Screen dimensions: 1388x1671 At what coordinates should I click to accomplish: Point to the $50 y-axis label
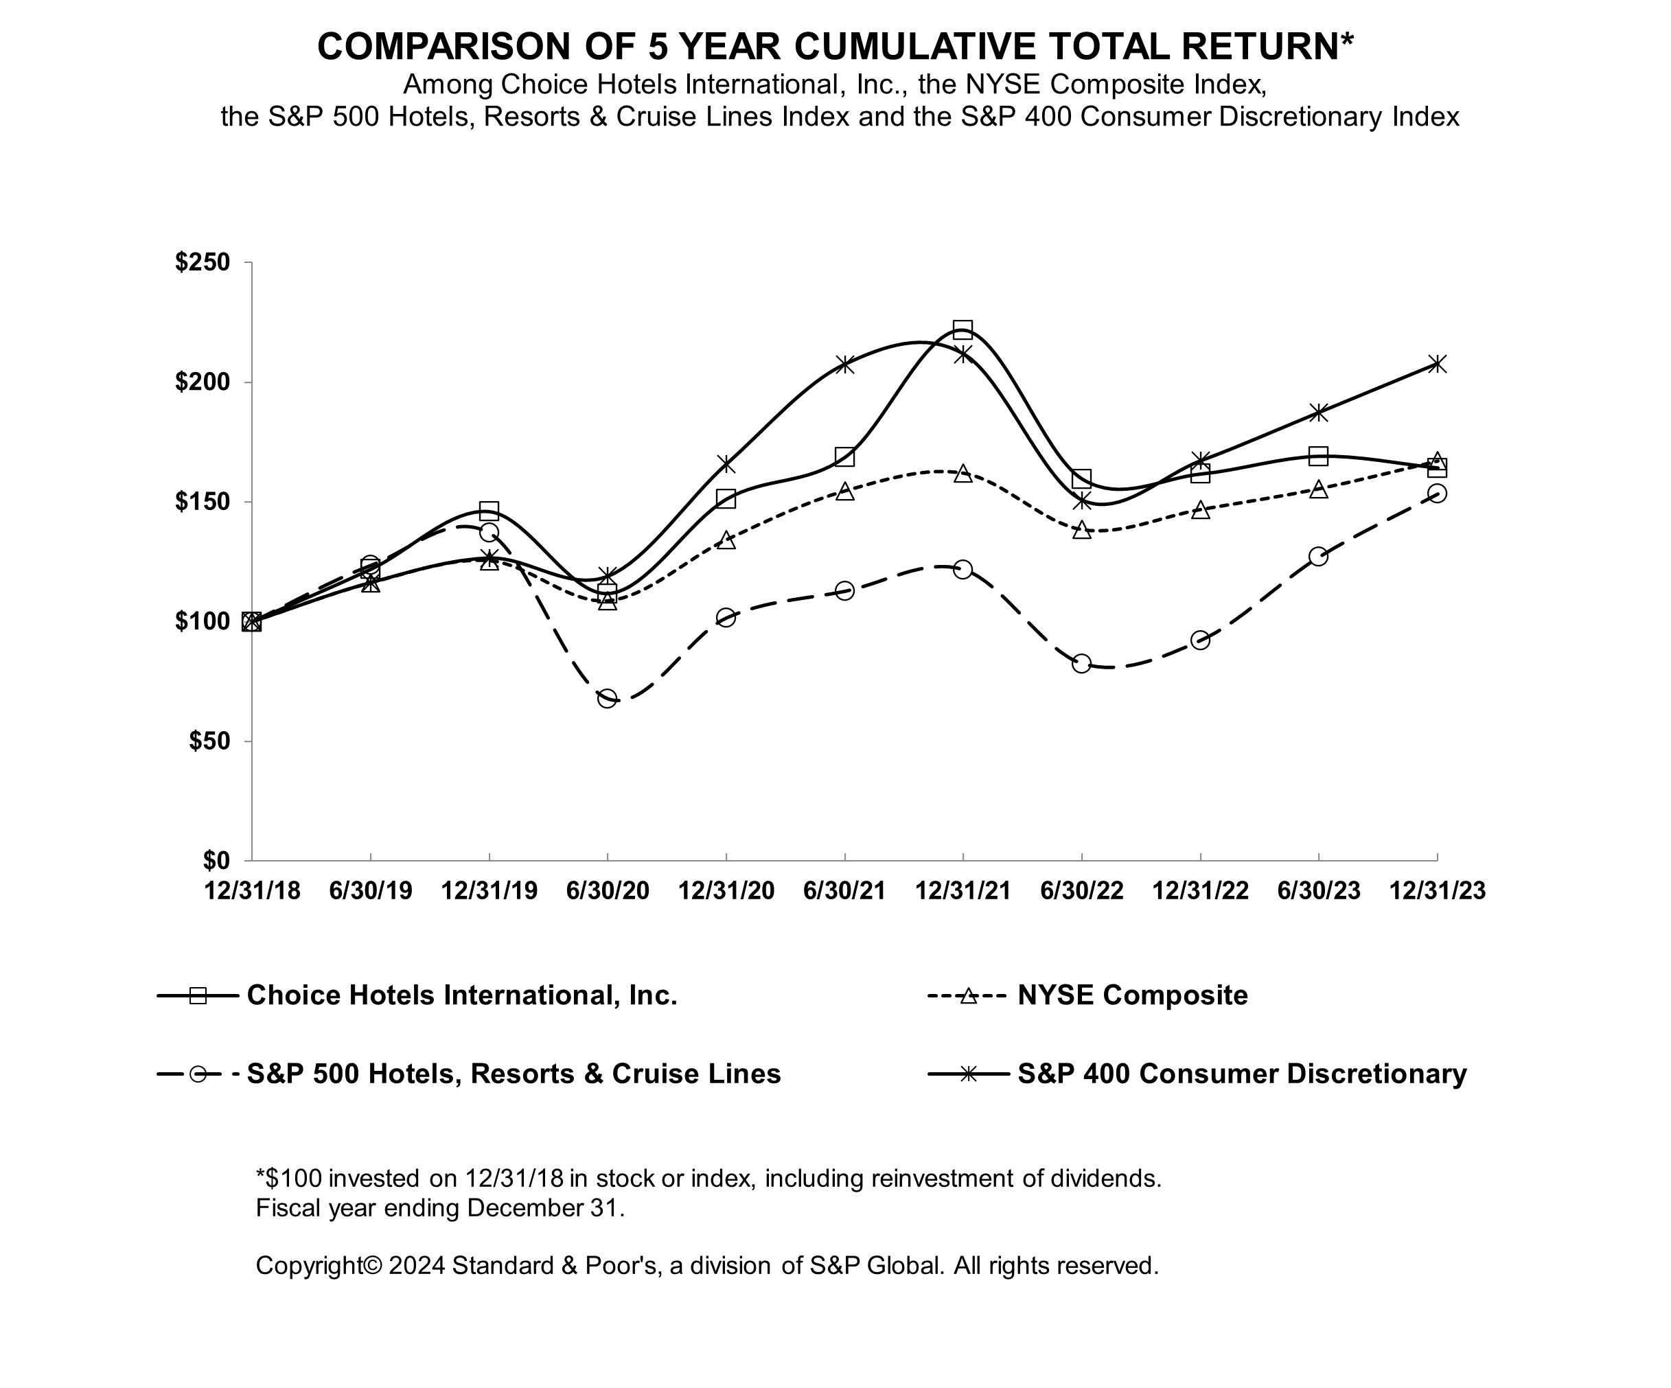coord(209,741)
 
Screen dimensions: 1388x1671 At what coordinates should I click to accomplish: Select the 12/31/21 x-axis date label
coord(963,891)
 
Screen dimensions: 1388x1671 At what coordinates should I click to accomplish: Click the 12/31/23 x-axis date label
coord(1437,891)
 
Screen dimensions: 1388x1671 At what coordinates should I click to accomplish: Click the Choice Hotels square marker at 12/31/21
coord(963,330)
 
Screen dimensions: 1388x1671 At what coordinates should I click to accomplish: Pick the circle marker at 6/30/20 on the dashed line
coord(607,698)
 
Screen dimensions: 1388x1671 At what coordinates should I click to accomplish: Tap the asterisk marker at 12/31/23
coord(1437,365)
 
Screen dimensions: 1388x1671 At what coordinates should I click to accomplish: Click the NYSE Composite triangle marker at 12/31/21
coord(963,473)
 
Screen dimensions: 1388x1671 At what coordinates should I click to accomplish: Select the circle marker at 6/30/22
coord(1081,663)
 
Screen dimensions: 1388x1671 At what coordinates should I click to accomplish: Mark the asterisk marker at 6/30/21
coord(844,365)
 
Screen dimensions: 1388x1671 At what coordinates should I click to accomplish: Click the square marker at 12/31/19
coord(489,510)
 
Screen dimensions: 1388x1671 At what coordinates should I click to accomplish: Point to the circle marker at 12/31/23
coord(1437,493)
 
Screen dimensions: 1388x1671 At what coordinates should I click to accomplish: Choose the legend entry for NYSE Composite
coord(1131,996)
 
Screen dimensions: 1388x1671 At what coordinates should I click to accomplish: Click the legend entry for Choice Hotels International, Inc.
coord(461,996)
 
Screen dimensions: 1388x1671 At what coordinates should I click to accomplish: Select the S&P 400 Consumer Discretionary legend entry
coord(1241,1074)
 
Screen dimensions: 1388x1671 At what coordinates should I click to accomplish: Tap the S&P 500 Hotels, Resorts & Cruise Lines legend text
coord(514,1074)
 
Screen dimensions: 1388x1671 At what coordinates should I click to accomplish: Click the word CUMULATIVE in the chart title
coord(914,46)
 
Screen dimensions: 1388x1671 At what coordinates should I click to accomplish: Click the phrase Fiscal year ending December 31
coord(440,1208)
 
